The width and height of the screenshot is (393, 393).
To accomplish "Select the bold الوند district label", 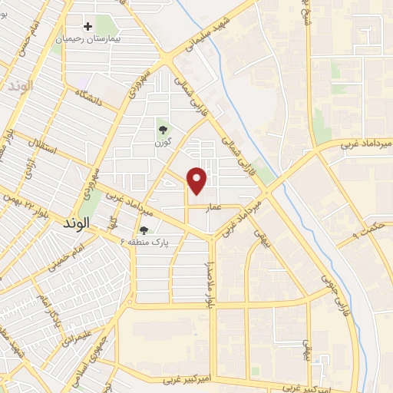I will (x=74, y=222).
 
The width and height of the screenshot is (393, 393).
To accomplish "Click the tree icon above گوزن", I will (x=163, y=128).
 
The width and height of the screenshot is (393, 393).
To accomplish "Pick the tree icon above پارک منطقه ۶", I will (x=144, y=230).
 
